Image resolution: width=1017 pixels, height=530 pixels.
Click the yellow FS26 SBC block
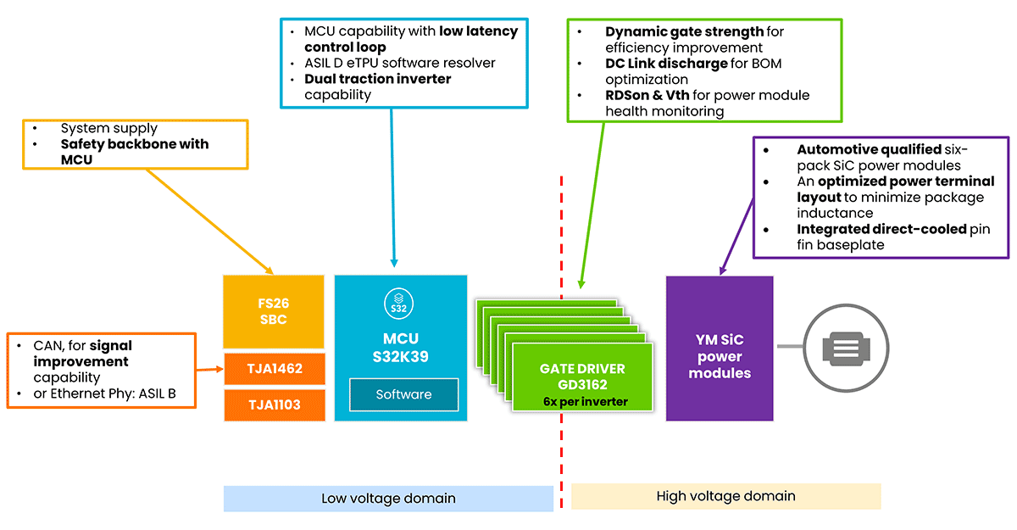pyautogui.click(x=273, y=311)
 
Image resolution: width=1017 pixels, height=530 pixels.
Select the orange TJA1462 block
pyautogui.click(x=273, y=369)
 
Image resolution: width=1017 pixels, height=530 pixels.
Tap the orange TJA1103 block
pyautogui.click(x=273, y=404)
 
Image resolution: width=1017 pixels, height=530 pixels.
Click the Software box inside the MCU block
pyautogui.click(x=403, y=394)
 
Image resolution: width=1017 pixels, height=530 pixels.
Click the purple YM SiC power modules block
pyautogui.click(x=719, y=349)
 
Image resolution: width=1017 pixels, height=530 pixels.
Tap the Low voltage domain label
pyautogui.click(x=388, y=499)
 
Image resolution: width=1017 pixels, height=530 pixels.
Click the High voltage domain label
pyautogui.click(x=725, y=496)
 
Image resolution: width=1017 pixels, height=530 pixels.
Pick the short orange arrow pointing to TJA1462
pyautogui.click(x=209, y=370)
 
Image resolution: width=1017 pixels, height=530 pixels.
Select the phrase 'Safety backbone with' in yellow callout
pyautogui.click(x=135, y=144)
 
